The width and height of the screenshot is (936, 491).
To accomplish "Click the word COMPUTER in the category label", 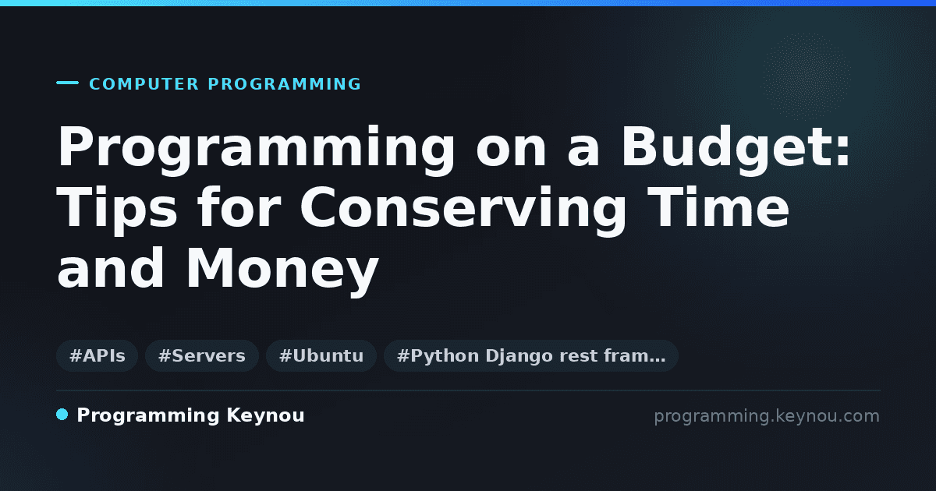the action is [144, 84].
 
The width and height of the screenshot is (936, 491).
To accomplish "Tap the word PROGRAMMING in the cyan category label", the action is [284, 84].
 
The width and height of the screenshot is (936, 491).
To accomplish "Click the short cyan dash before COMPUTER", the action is [67, 83].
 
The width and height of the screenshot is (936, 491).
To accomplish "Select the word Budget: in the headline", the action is [736, 150].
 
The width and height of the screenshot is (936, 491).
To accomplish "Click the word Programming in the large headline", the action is [256, 150].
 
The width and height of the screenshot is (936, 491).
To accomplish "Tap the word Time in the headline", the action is [718, 207].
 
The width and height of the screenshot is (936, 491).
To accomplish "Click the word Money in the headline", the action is [282, 271].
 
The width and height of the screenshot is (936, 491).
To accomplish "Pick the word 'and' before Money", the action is [111, 267].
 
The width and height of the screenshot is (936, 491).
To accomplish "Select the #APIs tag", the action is [97, 355].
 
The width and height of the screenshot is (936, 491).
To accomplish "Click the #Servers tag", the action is [202, 355].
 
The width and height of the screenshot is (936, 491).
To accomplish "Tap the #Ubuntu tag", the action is [321, 355].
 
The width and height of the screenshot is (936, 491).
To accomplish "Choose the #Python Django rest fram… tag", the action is [530, 355].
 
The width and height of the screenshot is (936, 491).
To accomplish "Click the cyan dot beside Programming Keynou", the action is [62, 415].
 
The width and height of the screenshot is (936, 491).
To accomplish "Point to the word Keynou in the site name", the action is [265, 416].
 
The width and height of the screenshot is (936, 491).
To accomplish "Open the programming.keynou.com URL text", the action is [767, 416].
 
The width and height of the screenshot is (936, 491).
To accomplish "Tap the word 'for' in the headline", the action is [239, 207].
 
